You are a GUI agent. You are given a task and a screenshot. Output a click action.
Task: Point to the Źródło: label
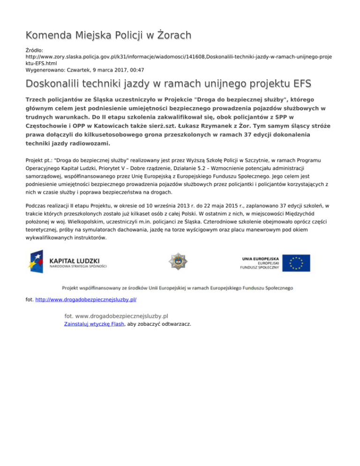(35, 49)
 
